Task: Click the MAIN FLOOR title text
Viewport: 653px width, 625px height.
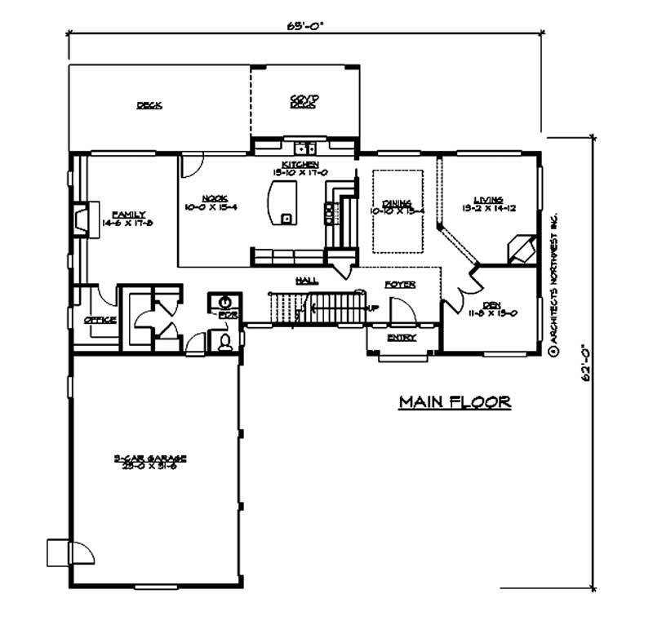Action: pyautogui.click(x=455, y=401)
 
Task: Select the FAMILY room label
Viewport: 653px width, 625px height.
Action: pyautogui.click(x=128, y=215)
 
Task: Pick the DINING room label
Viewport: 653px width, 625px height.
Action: pyautogui.click(x=398, y=203)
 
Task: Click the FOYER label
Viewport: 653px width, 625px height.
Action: pyautogui.click(x=401, y=285)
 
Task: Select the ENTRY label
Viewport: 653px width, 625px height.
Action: pyautogui.click(x=402, y=337)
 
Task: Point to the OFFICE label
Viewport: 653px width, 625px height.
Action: pyautogui.click(x=100, y=319)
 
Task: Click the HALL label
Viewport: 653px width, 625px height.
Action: pyautogui.click(x=307, y=280)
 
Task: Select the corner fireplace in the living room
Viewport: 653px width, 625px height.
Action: pyautogui.click(x=520, y=248)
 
